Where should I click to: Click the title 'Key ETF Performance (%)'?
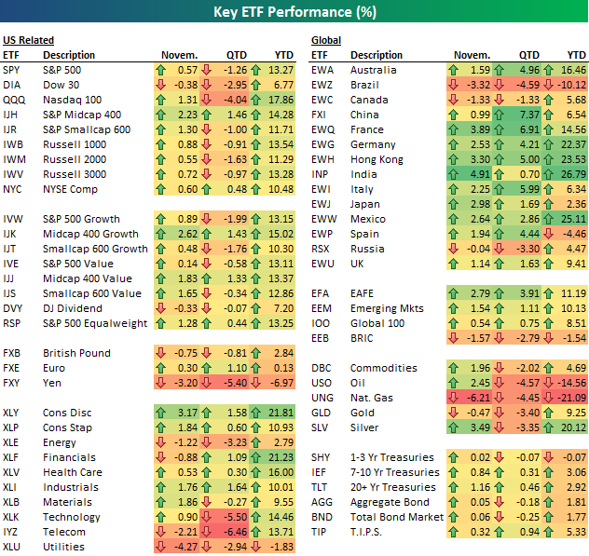(x=294, y=12)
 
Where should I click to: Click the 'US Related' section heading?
(x=28, y=40)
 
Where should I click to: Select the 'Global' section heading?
(x=325, y=40)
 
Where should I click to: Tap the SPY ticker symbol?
(x=13, y=70)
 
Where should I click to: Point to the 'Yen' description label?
(x=53, y=383)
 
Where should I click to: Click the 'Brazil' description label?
(x=365, y=85)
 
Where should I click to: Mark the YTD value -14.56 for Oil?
(x=570, y=383)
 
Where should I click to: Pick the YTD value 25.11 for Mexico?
(x=574, y=219)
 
